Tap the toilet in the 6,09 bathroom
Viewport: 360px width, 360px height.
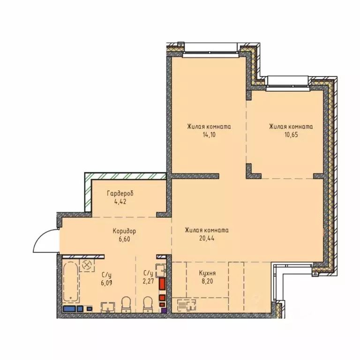click(x=126, y=304)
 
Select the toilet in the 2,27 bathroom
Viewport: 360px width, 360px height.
click(x=148, y=304)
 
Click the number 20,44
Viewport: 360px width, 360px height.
click(x=207, y=238)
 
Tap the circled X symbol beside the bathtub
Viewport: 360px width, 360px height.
click(x=87, y=265)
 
